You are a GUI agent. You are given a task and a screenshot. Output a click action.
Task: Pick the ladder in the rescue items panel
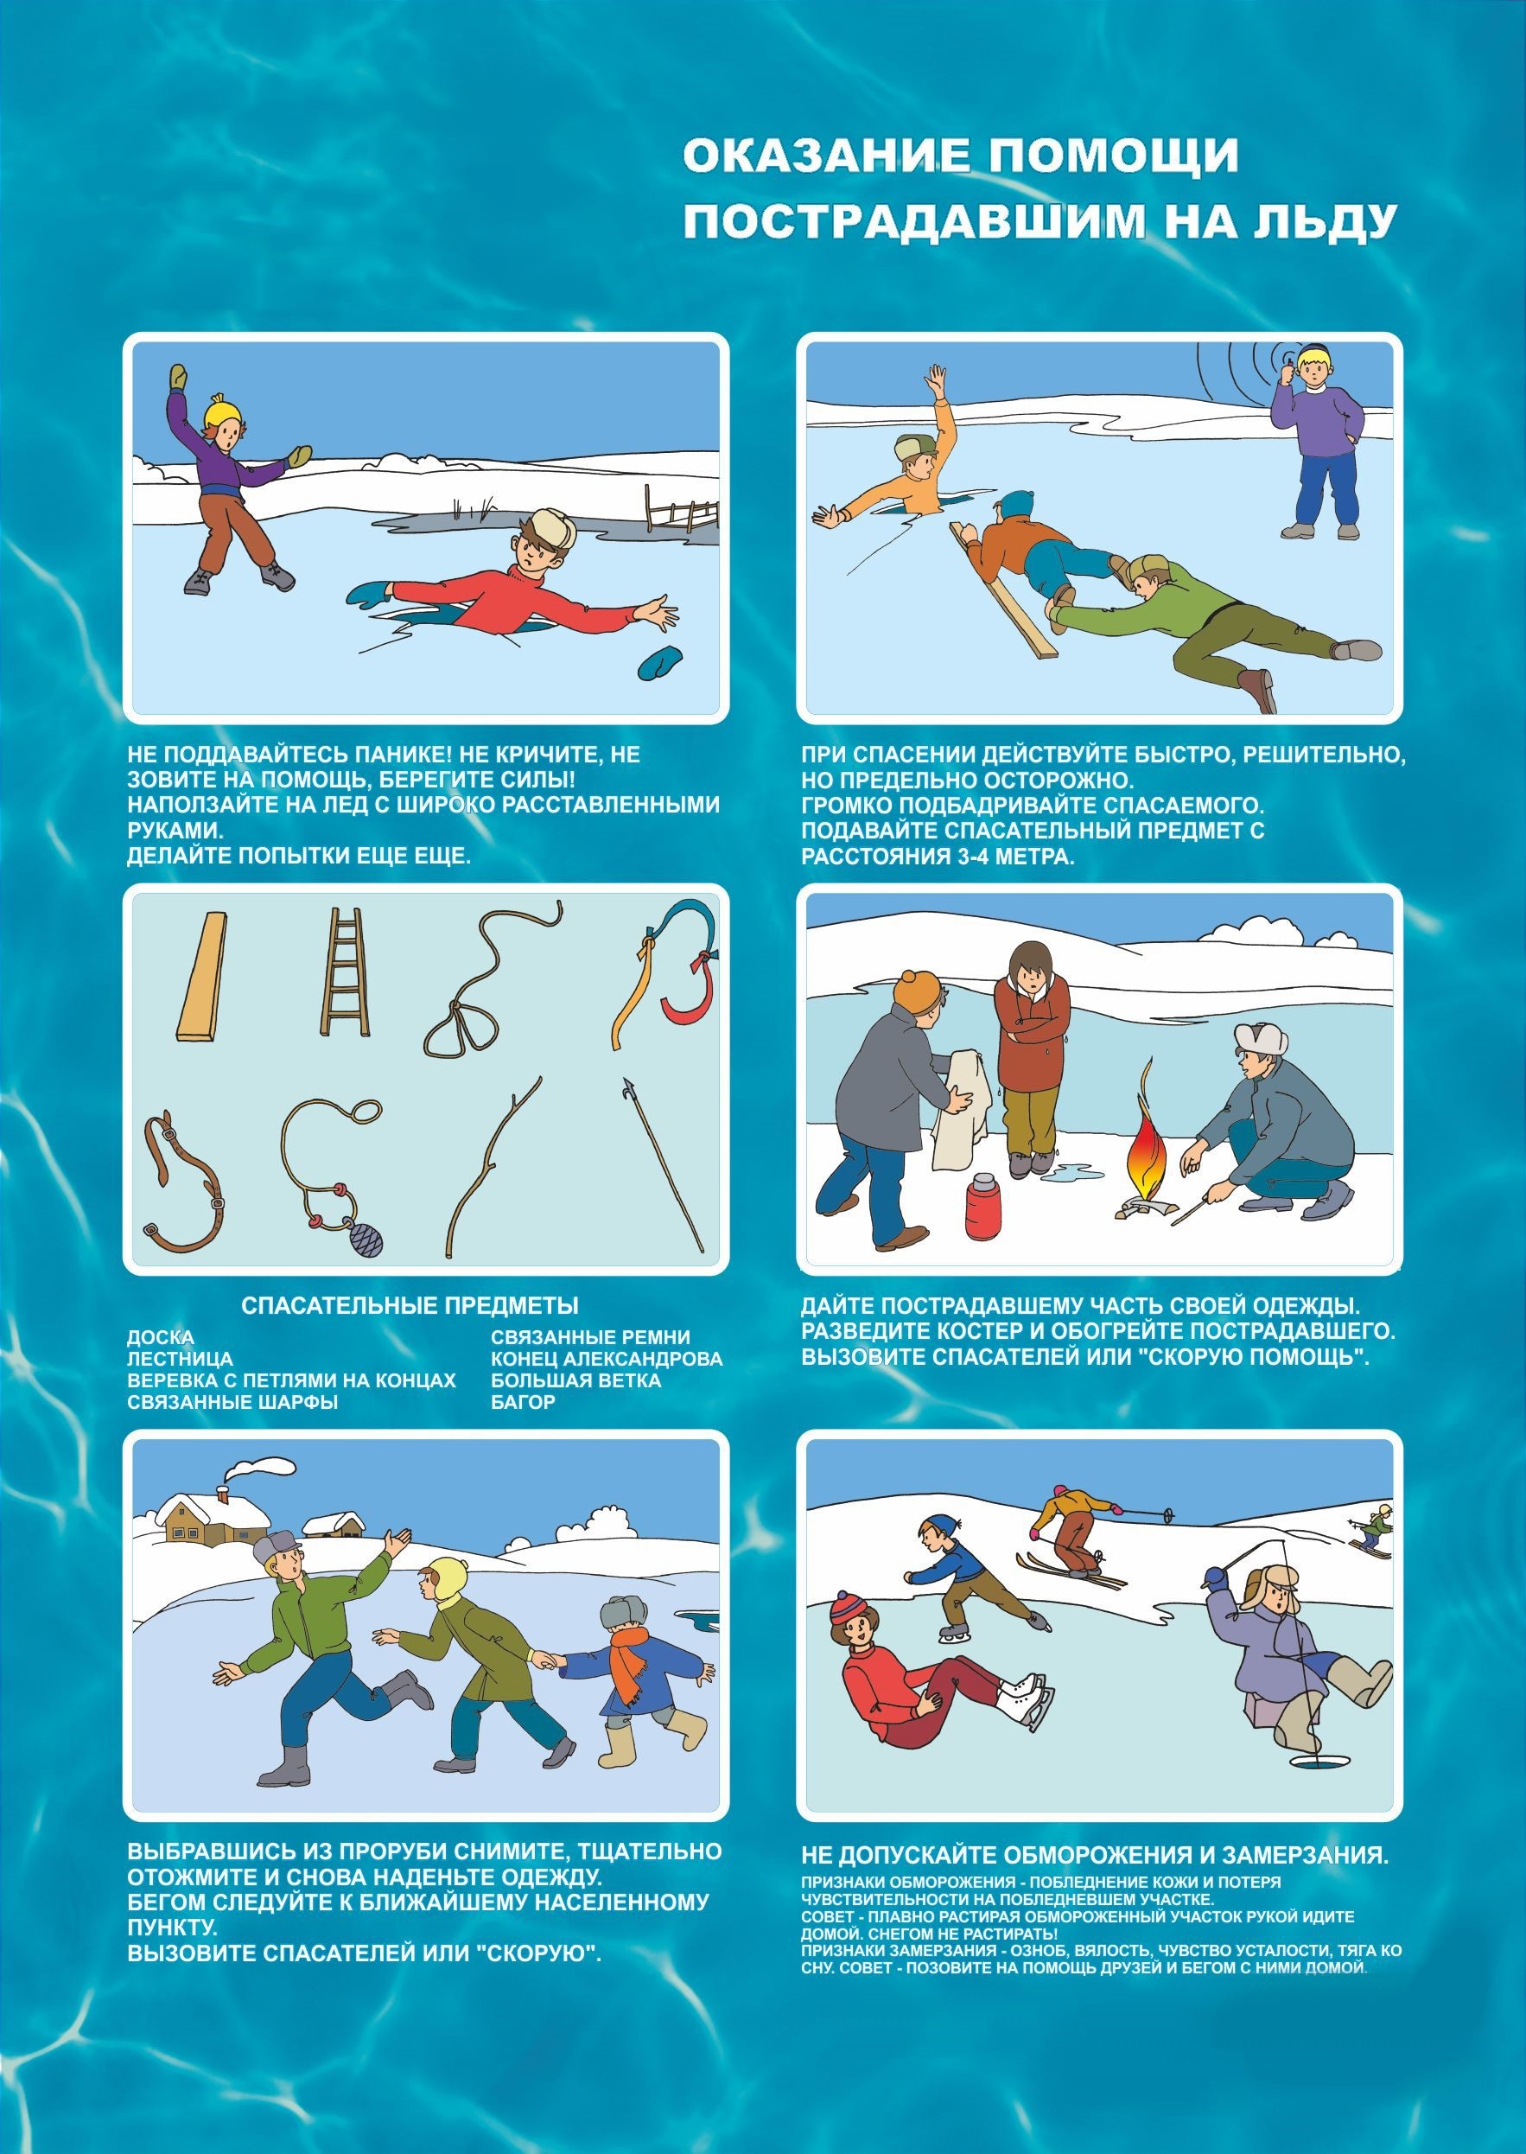point(345,972)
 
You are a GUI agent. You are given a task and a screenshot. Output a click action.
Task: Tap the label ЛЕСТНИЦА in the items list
point(181,1359)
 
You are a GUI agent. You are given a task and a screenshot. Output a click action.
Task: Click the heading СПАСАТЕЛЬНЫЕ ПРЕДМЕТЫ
point(410,1305)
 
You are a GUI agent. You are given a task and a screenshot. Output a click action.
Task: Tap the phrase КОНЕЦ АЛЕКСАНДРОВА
point(606,1359)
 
